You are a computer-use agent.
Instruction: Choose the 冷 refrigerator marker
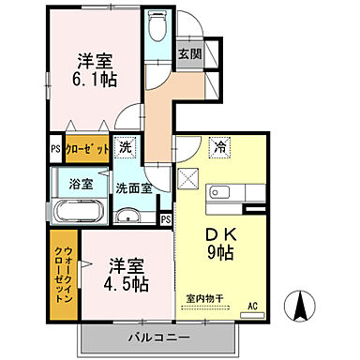point(219,147)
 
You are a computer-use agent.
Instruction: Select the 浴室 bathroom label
point(75,185)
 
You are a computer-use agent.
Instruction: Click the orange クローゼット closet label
point(86,149)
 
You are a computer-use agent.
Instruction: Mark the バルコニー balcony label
point(159,337)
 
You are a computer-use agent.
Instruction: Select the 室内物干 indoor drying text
point(205,298)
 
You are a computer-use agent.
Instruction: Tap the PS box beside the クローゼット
point(55,149)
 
